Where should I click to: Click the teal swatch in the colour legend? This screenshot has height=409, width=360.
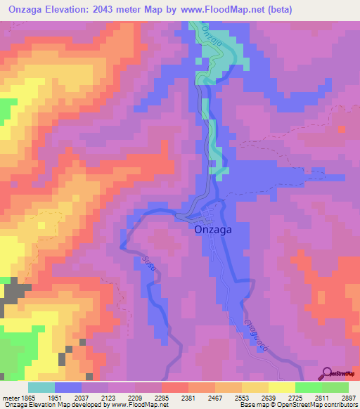[x=41, y=387]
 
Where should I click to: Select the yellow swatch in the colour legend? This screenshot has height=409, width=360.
[x=281, y=387]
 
